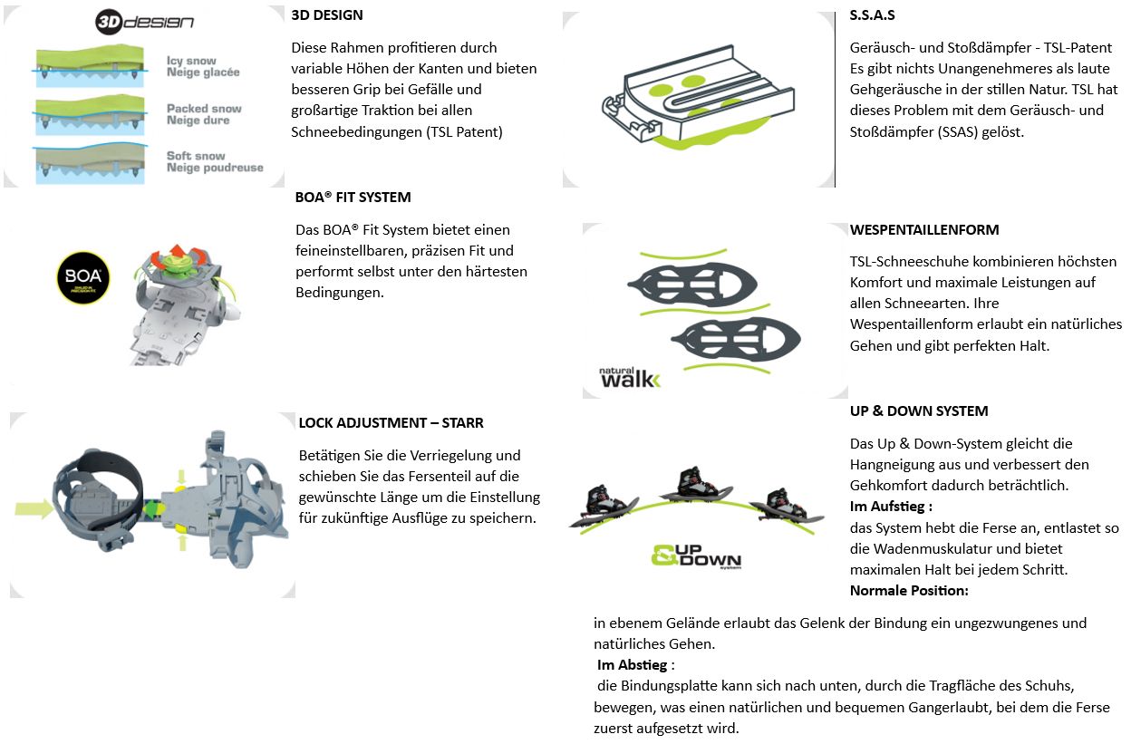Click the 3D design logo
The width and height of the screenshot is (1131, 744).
(x=144, y=22)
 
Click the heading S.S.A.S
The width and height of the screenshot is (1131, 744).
(x=873, y=15)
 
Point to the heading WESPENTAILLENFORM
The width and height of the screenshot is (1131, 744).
(x=924, y=230)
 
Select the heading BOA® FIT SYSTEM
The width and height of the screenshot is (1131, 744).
(x=353, y=198)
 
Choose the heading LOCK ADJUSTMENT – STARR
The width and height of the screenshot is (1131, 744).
(x=391, y=423)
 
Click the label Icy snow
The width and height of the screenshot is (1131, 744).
(x=191, y=62)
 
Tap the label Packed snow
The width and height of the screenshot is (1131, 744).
(x=204, y=109)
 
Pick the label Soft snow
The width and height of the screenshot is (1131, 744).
(x=196, y=156)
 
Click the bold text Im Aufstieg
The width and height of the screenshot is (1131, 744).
(x=890, y=507)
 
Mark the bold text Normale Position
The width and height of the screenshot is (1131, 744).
(x=909, y=591)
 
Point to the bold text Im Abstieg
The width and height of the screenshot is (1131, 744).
(x=635, y=665)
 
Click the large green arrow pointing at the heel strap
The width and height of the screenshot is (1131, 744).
(x=34, y=509)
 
